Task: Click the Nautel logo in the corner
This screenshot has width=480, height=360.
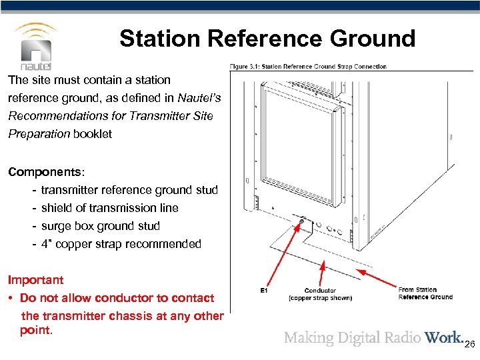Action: tap(36, 46)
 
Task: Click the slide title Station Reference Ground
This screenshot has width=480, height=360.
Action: tap(267, 39)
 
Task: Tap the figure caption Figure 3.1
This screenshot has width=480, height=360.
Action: tap(308, 67)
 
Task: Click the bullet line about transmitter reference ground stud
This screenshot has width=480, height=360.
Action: tap(129, 190)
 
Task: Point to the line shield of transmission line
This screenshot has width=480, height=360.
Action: tap(109, 208)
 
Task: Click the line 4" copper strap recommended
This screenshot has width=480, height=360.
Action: tap(121, 244)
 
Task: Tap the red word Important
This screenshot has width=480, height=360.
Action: tap(36, 280)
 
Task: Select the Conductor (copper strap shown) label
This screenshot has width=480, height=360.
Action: tap(320, 294)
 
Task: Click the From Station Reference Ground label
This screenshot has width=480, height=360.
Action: tap(425, 293)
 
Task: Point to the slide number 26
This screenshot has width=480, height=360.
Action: tap(469, 344)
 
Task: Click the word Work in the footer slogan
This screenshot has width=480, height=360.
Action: tap(443, 337)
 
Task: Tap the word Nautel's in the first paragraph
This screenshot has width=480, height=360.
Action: tap(205, 98)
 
